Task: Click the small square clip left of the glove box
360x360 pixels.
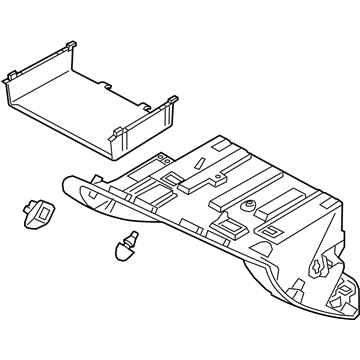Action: [x=38, y=213]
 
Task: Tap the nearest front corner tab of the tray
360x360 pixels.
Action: [x=119, y=131]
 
